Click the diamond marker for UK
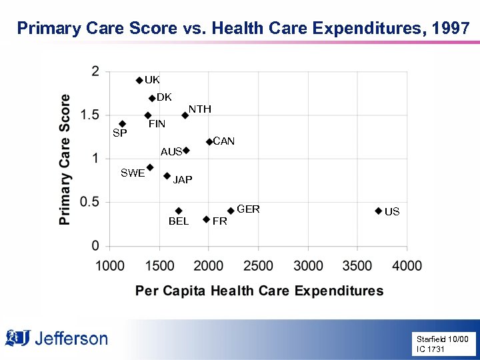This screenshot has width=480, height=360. tap(139, 80)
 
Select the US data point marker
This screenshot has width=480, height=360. tap(378, 211)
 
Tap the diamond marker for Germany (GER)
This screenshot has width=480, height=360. tap(231, 211)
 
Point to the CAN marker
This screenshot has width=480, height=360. tap(209, 141)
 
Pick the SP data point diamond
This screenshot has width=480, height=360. tap(122, 124)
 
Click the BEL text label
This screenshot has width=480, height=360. tap(179, 221)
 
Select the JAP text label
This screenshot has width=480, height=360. tap(183, 180)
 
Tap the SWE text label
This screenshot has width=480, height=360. tap(133, 173)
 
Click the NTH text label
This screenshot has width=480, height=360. tap(199, 109)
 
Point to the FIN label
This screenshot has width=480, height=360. tap(157, 124)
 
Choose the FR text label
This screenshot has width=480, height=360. tap(219, 221)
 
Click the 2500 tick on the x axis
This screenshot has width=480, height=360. tap(258, 265)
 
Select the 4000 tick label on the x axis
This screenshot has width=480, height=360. tap(407, 265)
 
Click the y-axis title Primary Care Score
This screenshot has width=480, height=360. tap(65, 159)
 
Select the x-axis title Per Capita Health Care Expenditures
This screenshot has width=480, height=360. tap(259, 291)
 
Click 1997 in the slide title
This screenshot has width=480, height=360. tap(451, 28)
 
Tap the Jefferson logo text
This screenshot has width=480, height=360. tap(70, 339)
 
